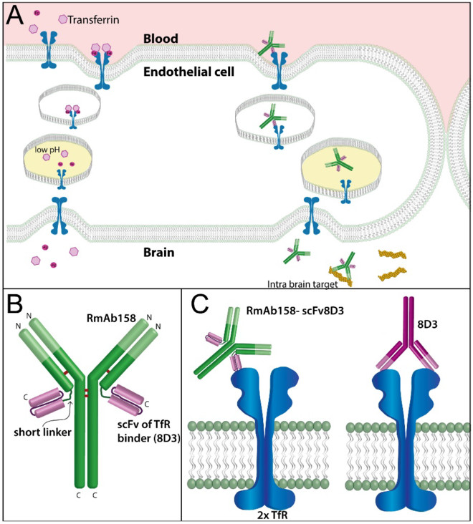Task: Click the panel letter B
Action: (16, 304)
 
